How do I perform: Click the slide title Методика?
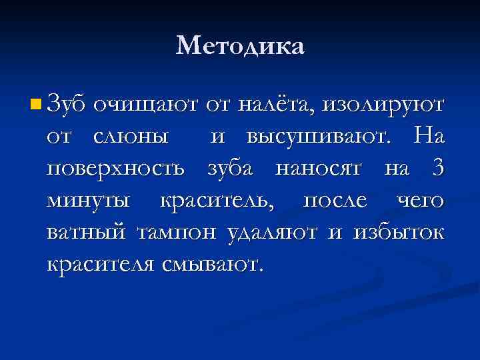tap(240, 46)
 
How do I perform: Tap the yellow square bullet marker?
tap(36, 104)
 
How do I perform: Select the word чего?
tap(420, 201)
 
